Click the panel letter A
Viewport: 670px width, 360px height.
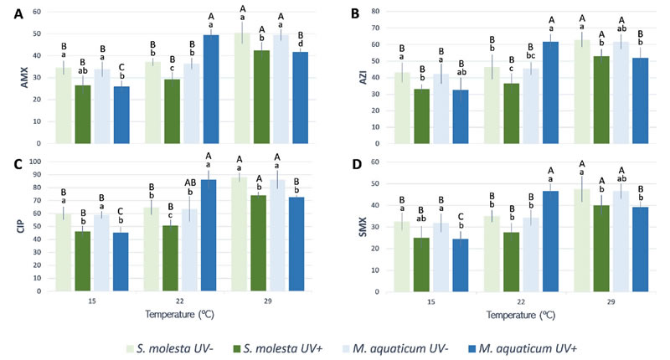pos(10,13)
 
